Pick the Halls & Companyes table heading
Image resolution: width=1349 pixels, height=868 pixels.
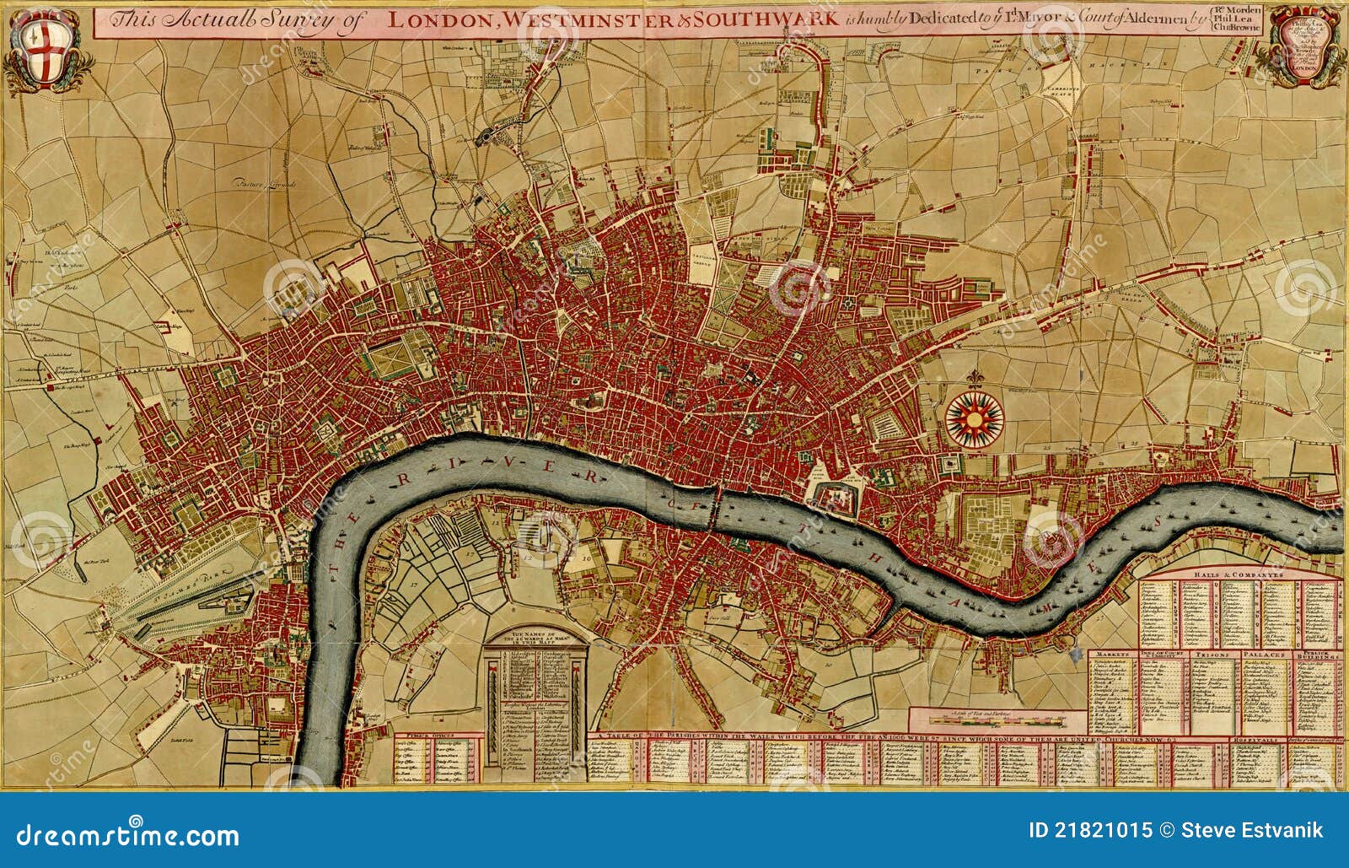tap(1238, 574)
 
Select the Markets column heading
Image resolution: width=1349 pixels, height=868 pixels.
tap(1112, 653)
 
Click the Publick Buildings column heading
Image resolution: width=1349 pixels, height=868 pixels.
tap(1319, 654)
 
